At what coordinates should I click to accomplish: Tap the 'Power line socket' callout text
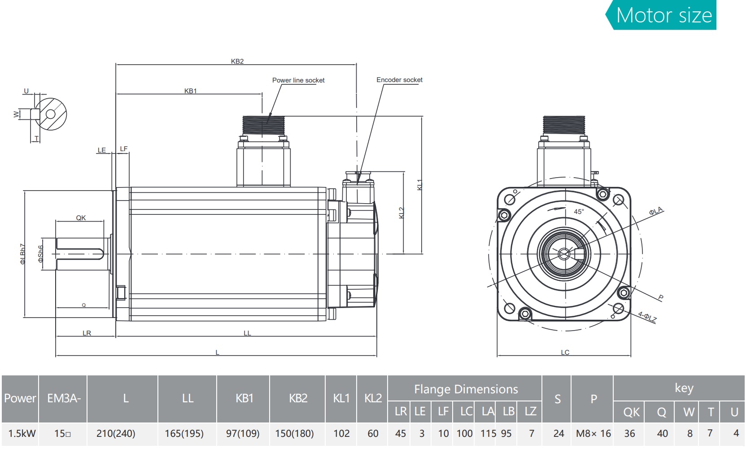298,80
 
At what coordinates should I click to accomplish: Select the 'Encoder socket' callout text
399,80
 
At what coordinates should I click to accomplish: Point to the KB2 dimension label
237,61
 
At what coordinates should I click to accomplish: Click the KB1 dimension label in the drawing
191,91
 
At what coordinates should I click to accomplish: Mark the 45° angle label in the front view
579,212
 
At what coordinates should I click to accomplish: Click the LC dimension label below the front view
565,353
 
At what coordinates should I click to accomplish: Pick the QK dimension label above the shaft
81,218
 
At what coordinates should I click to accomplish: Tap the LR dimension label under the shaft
87,333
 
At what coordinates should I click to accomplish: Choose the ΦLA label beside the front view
655,211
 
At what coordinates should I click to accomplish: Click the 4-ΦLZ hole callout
647,317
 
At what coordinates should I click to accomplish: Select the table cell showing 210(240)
116,434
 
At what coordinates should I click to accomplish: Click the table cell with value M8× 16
593,434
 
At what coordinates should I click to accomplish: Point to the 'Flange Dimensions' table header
466,389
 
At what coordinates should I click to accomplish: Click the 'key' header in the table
684,388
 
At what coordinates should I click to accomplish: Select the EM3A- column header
64,398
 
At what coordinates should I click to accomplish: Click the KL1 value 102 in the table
341,434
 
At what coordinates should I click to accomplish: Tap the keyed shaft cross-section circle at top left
51,114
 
